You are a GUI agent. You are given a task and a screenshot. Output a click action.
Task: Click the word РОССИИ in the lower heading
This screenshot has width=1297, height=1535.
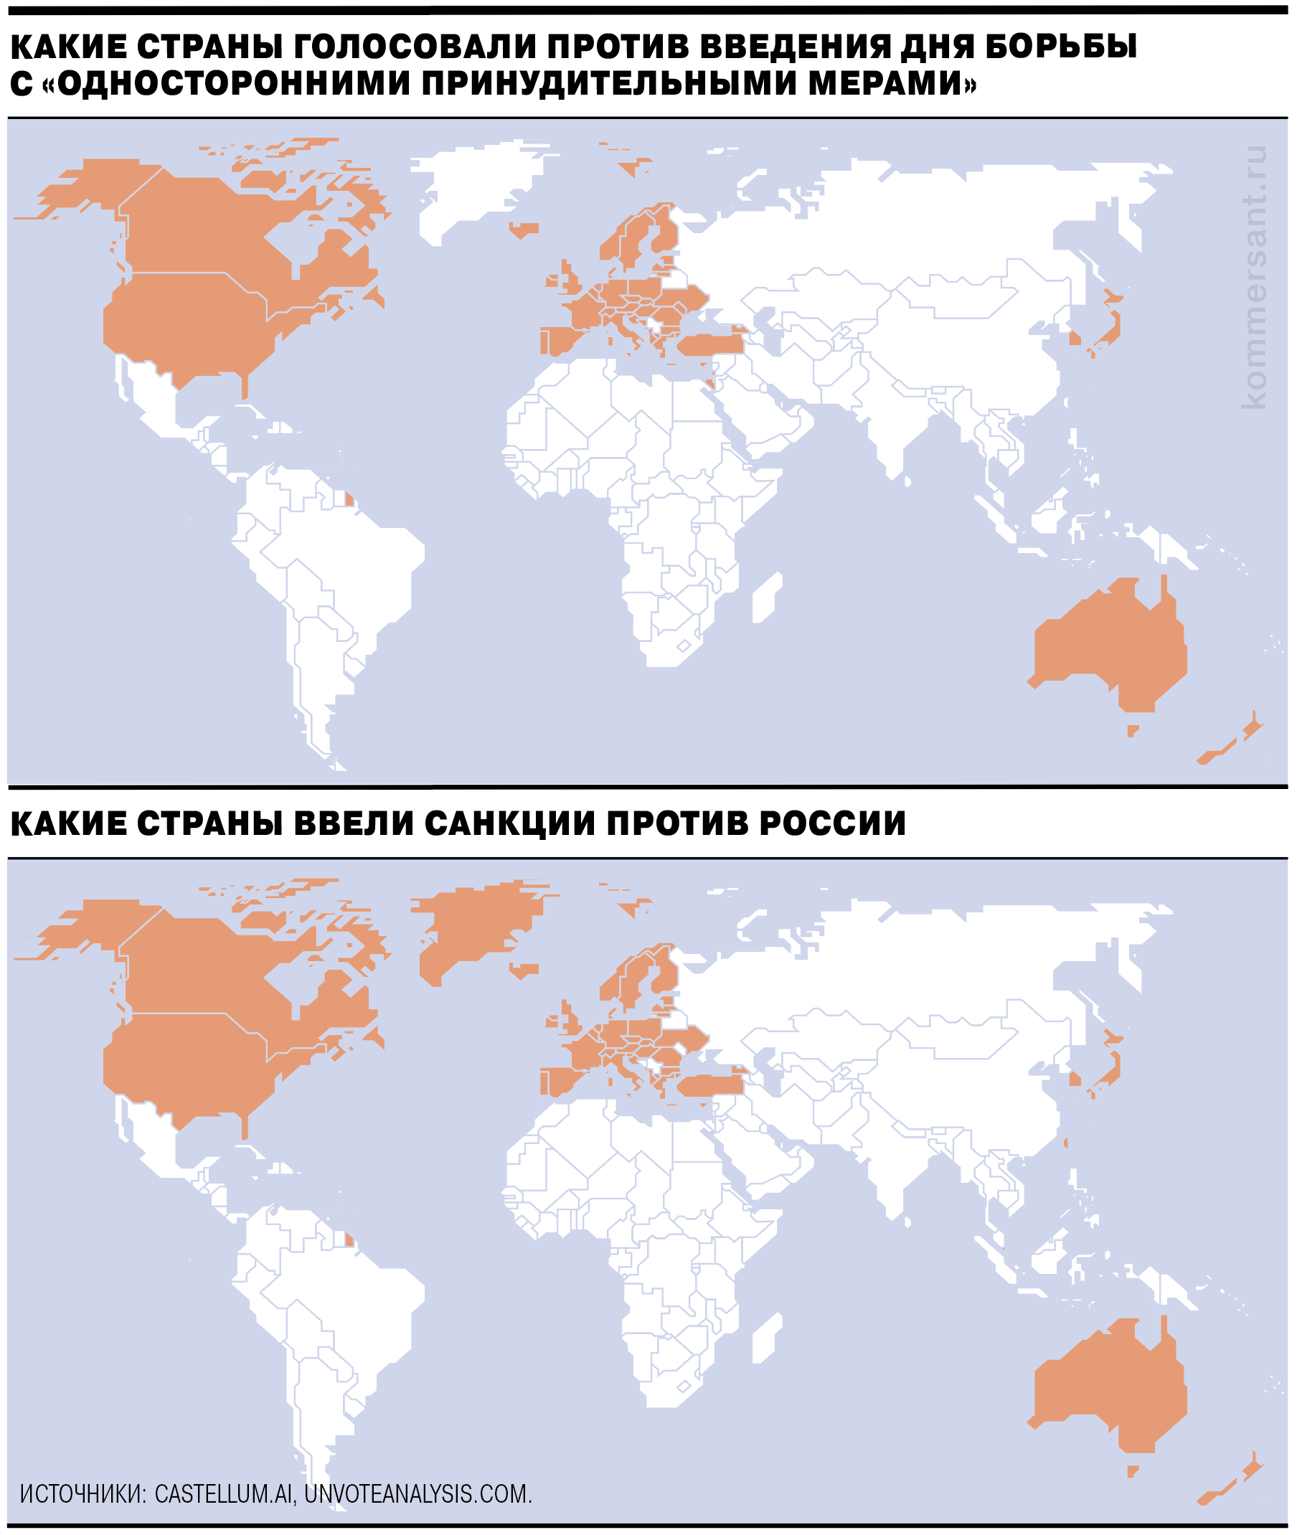coord(832,823)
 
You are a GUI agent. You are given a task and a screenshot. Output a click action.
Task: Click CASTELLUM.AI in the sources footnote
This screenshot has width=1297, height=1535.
coord(225,1493)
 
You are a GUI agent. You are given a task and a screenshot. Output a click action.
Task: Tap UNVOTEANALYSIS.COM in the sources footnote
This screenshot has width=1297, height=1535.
coord(418,1493)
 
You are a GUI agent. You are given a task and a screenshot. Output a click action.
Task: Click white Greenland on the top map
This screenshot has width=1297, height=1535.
coord(478,184)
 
